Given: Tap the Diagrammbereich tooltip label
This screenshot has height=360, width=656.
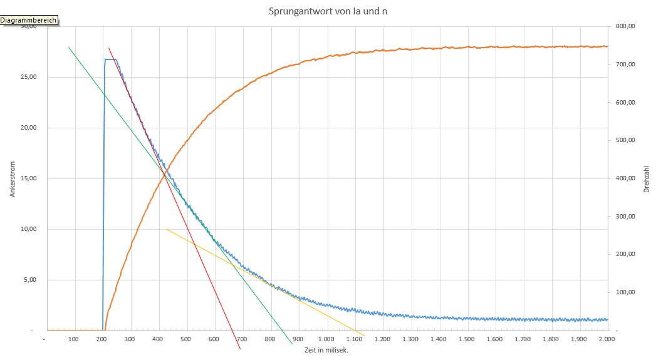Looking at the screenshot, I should [x=29, y=20].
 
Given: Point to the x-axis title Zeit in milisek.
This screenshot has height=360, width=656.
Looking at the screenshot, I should [x=325, y=349].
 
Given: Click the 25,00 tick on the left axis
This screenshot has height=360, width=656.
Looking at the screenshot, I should [x=27, y=77].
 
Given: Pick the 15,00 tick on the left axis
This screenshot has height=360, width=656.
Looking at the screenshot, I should [x=27, y=178].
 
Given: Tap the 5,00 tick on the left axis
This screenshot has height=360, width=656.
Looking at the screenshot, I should [x=29, y=280].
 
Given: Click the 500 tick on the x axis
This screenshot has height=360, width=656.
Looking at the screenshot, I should [x=185, y=339].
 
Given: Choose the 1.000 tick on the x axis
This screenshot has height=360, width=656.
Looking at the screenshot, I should [x=326, y=339].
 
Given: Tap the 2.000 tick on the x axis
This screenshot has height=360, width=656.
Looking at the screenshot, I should [x=607, y=339].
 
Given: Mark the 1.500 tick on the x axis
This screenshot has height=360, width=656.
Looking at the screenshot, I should [x=467, y=339].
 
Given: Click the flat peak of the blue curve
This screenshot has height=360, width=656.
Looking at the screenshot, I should [x=110, y=59].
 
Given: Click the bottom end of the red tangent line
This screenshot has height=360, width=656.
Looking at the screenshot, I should [x=240, y=349].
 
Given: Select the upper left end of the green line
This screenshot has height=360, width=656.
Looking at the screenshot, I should [x=69, y=48].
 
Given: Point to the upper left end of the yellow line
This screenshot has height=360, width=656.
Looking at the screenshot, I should [x=166, y=229].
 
